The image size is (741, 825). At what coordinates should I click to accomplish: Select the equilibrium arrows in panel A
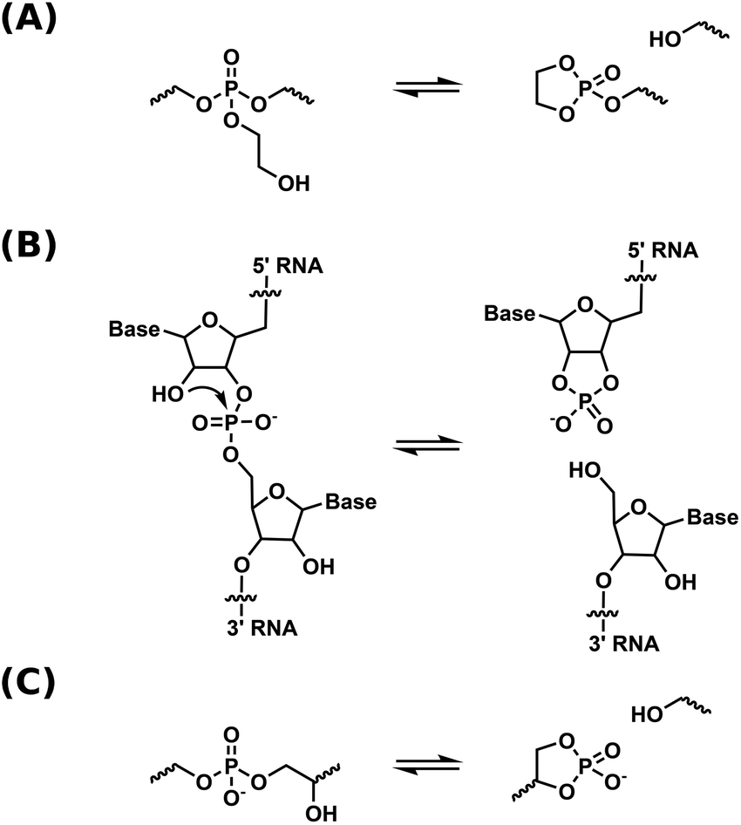click(425, 87)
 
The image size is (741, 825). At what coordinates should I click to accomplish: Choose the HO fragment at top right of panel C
click(646, 715)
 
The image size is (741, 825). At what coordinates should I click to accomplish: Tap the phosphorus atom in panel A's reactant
click(230, 87)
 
